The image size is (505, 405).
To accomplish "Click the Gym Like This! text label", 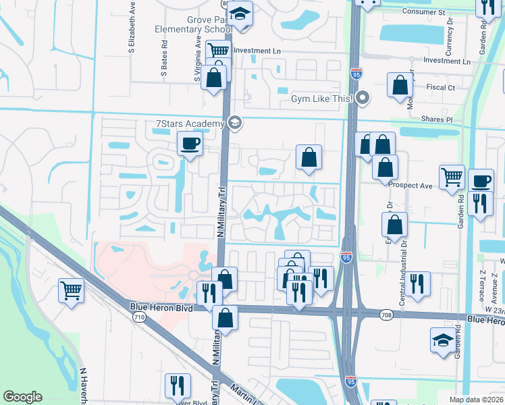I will click(x=322, y=99).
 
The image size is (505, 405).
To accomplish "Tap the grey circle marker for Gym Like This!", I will click(x=363, y=99).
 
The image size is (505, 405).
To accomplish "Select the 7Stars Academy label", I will click(x=190, y=124).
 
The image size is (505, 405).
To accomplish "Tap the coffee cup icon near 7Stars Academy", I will click(x=189, y=143).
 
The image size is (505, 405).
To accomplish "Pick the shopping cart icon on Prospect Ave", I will click(x=452, y=178).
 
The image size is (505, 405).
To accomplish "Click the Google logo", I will click(x=22, y=396).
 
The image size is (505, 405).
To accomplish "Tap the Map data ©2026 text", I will click(x=477, y=400).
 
